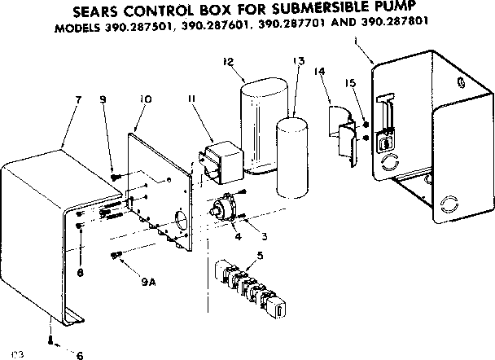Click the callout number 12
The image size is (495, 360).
click(229, 61)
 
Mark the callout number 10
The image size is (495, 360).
click(146, 100)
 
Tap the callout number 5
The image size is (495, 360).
click(259, 256)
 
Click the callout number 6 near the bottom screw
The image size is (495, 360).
click(80, 354)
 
